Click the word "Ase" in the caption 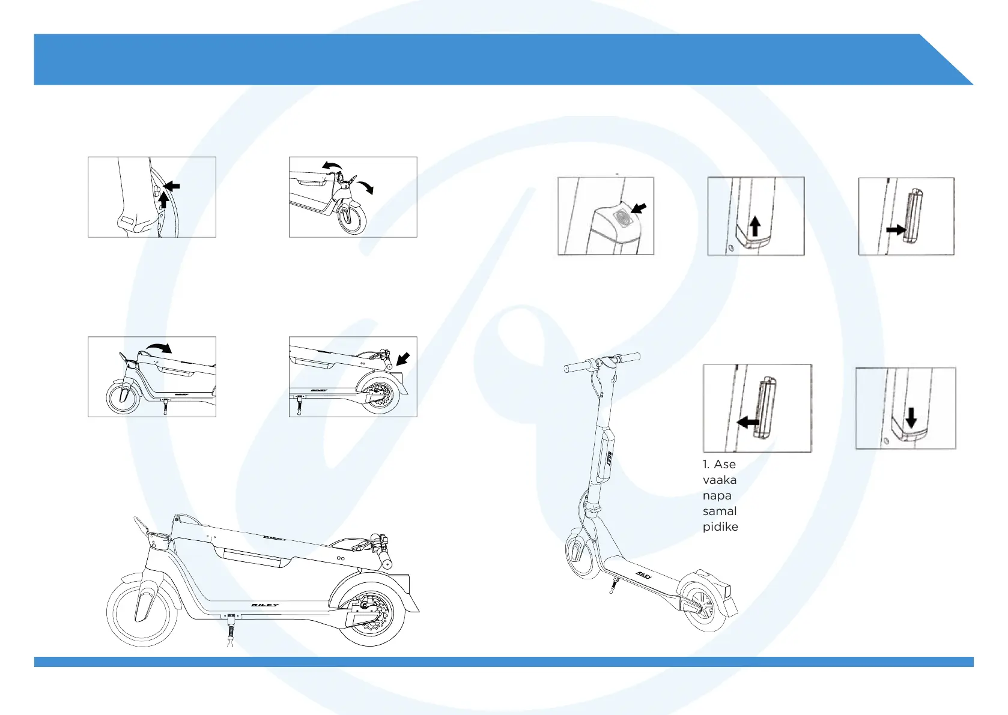tap(724, 465)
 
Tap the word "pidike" tap(720, 527)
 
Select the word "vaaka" tap(720, 480)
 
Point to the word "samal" tap(720, 511)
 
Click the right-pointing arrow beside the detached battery tap(896, 230)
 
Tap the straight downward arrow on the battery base tap(911, 417)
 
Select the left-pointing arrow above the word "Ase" tap(748, 423)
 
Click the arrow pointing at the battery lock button tap(639, 209)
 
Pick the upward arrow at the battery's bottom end tap(755, 226)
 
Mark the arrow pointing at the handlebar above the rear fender tap(404, 360)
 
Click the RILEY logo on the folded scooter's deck tap(264, 605)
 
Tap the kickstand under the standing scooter tap(612, 585)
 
